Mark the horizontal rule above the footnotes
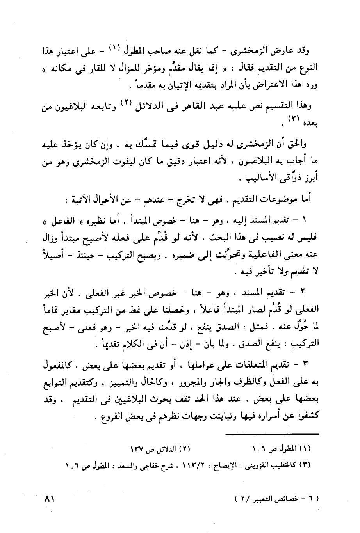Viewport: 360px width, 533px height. pyautogui.click(x=273, y=434)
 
